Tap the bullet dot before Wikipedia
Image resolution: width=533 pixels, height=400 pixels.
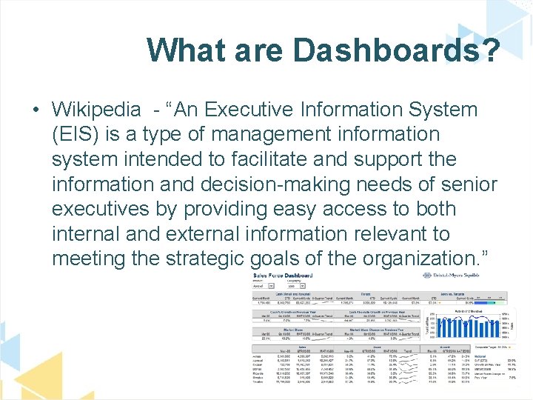(x=36, y=110)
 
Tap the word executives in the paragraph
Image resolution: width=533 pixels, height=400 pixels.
(x=110, y=209)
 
